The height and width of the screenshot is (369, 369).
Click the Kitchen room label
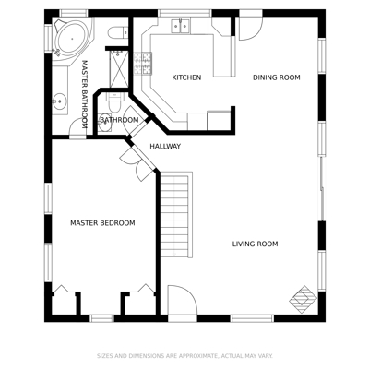(x=186, y=77)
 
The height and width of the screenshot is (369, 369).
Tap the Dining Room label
(x=277, y=77)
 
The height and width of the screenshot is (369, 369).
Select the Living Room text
(x=255, y=244)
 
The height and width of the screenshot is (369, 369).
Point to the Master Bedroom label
(x=102, y=223)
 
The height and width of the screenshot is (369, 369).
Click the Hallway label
(x=165, y=147)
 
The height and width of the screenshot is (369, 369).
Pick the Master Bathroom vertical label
(x=85, y=94)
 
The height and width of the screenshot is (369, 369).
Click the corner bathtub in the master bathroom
(x=72, y=39)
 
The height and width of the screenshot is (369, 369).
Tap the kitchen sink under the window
(x=181, y=26)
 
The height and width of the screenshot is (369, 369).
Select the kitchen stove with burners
(x=143, y=64)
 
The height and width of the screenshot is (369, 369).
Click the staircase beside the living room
(x=174, y=215)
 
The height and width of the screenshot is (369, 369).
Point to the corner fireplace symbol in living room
(x=304, y=300)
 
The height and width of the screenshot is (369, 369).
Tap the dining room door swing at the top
(x=251, y=29)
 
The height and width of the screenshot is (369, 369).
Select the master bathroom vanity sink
(x=59, y=101)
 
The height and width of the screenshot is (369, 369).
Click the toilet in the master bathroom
(x=118, y=32)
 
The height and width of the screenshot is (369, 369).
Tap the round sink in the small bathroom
(x=104, y=124)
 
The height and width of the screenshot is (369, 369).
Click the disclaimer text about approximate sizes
(x=184, y=356)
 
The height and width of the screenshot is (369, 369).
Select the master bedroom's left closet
(x=64, y=302)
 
